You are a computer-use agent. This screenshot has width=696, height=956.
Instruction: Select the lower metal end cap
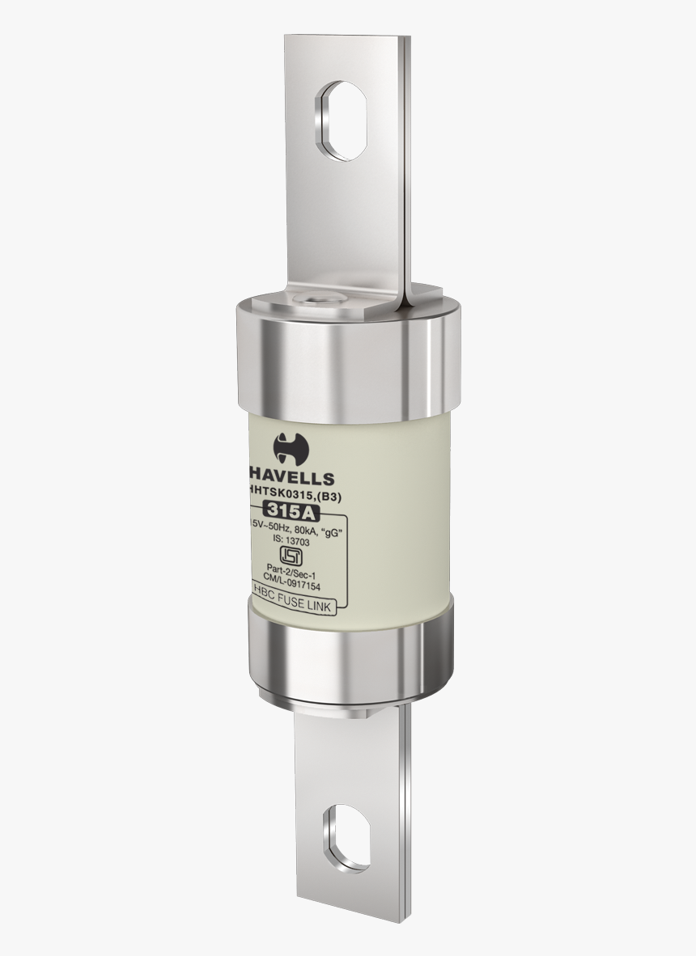[x=348, y=655]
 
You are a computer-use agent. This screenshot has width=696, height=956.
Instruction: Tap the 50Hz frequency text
[x=280, y=530]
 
